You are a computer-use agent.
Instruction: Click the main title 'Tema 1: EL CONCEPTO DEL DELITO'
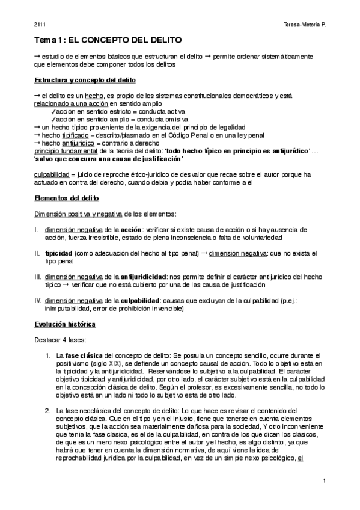click(107, 41)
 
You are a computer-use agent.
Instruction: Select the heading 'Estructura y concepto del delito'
click(87, 80)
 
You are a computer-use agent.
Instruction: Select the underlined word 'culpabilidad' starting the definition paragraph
click(52, 174)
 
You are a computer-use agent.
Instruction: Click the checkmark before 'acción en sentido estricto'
click(54, 112)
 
